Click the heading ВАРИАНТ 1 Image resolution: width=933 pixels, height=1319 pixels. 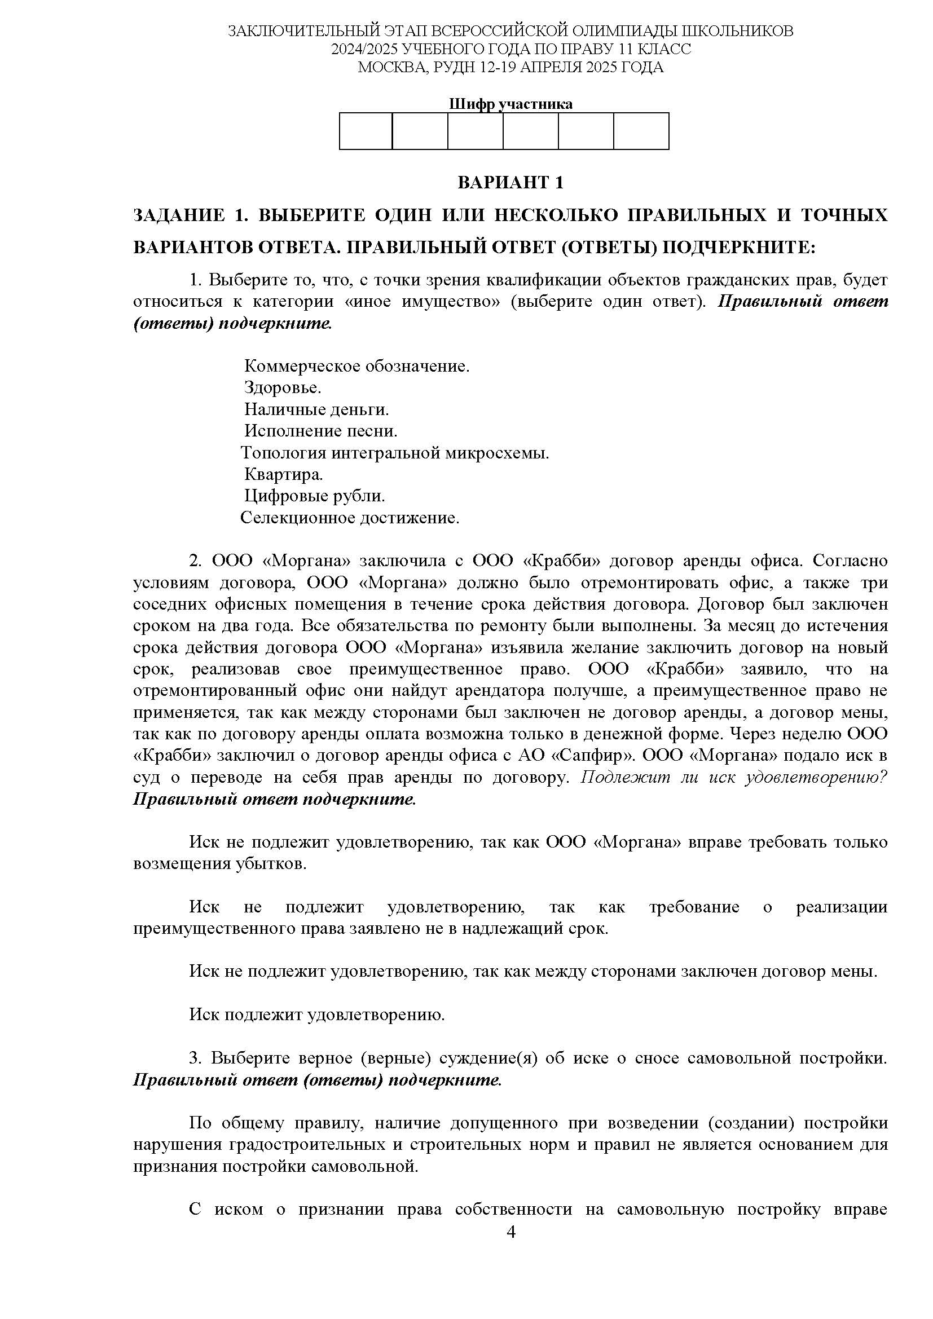pos(510,183)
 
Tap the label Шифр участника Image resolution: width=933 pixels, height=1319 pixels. pos(510,104)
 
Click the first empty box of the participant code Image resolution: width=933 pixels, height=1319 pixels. pos(366,131)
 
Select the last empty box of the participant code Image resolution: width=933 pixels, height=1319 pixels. pos(641,131)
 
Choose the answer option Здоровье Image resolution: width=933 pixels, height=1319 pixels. pos(282,388)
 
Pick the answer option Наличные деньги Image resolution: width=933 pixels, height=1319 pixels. pos(316,409)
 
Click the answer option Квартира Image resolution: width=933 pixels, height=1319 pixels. pos(283,474)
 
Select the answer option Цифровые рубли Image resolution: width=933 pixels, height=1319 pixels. pos(314,496)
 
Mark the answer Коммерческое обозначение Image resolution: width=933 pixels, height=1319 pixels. pos(357,366)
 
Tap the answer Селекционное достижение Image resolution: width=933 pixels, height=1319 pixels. pos(349,518)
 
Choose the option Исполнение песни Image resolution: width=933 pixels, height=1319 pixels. pos(320,431)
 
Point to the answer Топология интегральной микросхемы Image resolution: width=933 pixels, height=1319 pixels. pos(395,453)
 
